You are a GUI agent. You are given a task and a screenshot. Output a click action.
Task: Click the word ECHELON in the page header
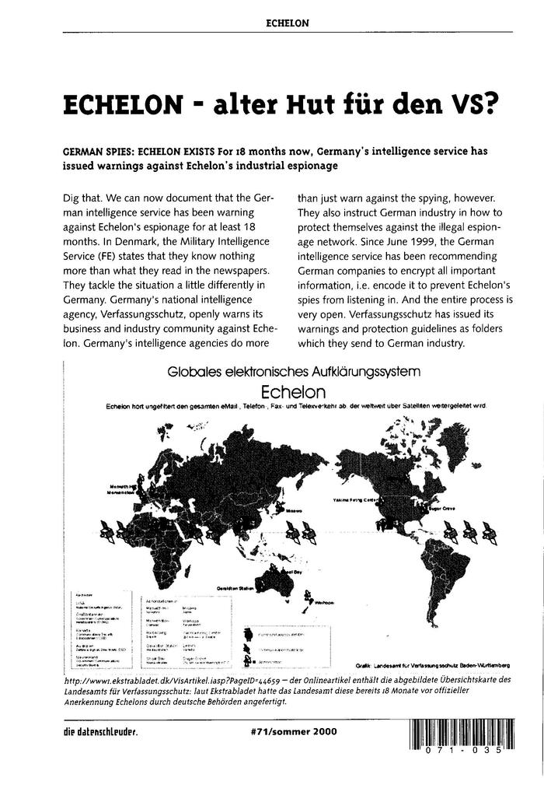[x=288, y=23]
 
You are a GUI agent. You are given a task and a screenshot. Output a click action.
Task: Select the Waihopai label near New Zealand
[x=325, y=602]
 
